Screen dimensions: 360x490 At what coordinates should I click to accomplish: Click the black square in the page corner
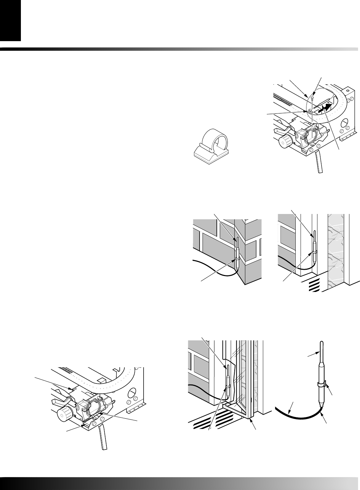tap(10, 20)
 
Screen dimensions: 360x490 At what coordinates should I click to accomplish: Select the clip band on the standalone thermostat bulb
tap(321, 385)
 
